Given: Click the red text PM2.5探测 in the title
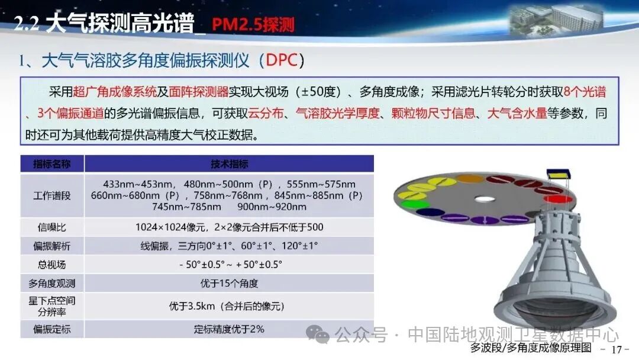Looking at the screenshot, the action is point(253,24).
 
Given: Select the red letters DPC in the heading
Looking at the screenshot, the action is point(282,60).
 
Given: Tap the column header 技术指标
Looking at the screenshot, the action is point(229,164).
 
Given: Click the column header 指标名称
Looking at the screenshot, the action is point(51,164).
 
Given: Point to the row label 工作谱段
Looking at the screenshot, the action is point(51,196).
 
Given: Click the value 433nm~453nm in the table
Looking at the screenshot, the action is point(138,184).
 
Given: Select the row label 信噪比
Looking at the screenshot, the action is point(51,227).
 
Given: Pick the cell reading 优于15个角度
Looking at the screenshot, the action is point(229,284).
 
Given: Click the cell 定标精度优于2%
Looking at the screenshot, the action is point(229,329).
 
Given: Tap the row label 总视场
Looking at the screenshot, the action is point(51,265).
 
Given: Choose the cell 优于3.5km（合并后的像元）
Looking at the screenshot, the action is point(227,306).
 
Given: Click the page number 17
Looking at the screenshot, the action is point(616,349).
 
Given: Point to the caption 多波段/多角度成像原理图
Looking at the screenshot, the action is point(531,348).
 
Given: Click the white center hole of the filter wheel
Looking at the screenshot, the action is point(485,200).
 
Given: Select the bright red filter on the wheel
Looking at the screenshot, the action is point(558,199).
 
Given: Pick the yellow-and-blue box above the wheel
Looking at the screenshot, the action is point(559,175).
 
